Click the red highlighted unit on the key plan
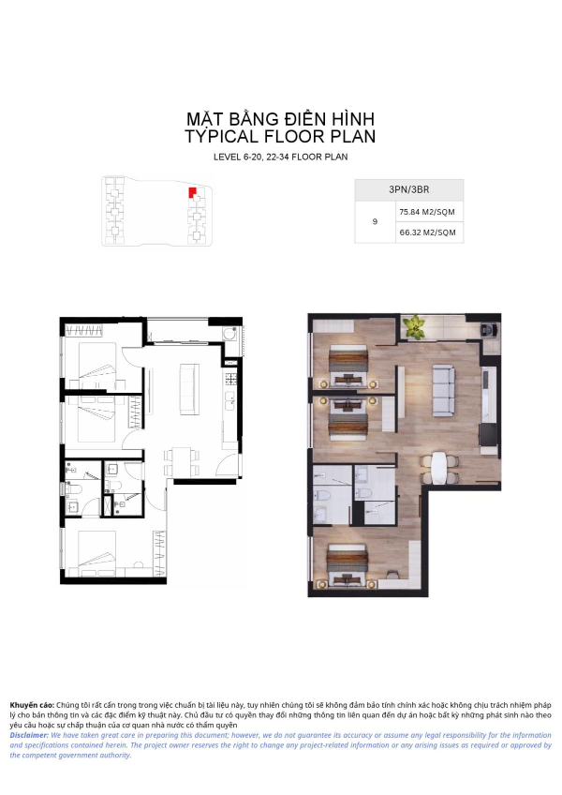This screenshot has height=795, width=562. (x=192, y=193)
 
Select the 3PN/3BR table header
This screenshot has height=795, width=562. (x=409, y=189)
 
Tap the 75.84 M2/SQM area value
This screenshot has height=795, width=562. (x=427, y=212)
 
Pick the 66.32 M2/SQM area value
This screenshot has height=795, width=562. (x=428, y=232)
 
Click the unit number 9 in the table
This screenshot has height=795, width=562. (x=375, y=221)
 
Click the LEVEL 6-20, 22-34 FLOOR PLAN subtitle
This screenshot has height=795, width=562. (x=281, y=157)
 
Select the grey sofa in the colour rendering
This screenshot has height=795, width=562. (x=443, y=389)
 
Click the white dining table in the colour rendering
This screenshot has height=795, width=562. (x=439, y=469)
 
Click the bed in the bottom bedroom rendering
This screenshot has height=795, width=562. (x=347, y=563)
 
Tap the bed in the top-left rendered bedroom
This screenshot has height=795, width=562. (x=348, y=365)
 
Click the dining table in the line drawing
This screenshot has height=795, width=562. (x=182, y=461)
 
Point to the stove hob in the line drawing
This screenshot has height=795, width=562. (x=231, y=379)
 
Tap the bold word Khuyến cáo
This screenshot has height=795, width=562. (x=32, y=705)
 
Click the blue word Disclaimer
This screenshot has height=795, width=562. (x=29, y=735)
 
